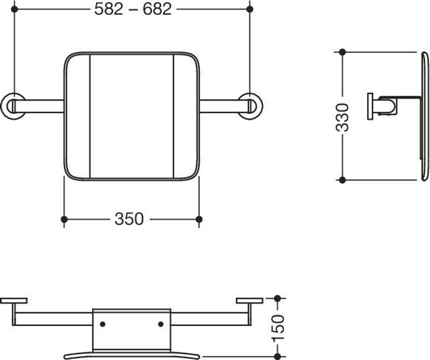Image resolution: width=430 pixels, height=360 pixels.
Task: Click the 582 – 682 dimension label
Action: point(133,9)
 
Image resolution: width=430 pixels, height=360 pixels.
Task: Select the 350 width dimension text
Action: point(129,219)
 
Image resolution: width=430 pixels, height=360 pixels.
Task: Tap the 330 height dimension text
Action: point(342,117)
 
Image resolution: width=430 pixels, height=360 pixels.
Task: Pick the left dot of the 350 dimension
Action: point(64,219)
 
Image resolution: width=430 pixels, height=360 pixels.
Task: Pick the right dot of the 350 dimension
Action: point(199,219)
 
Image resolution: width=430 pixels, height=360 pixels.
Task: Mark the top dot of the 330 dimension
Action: point(342,52)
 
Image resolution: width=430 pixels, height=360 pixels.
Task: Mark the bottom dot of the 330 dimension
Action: point(342,180)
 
